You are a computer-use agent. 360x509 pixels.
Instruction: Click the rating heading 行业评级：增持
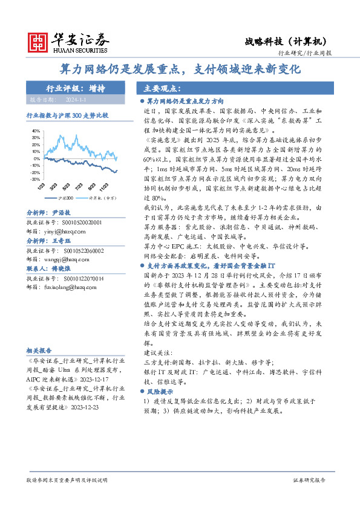click(x=76, y=88)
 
